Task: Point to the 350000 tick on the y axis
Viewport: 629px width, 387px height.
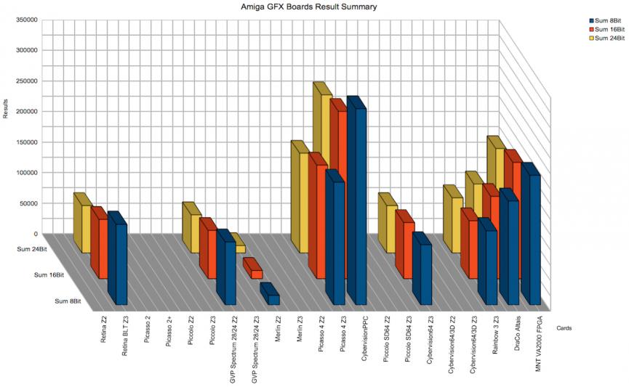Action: [24, 20]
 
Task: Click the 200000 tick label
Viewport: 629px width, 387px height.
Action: [24, 111]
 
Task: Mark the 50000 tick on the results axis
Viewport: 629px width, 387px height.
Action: [26, 203]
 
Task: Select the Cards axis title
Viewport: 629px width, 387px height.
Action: [564, 328]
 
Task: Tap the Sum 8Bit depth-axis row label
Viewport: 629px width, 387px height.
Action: [67, 301]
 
